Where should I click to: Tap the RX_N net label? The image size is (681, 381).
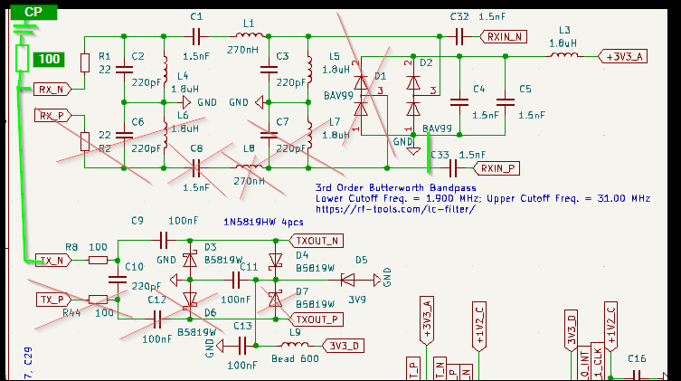[x=51, y=89]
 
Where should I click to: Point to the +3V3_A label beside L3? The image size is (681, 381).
[x=624, y=55]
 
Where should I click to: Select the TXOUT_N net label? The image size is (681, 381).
[x=315, y=241]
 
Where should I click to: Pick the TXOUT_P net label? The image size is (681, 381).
[x=315, y=319]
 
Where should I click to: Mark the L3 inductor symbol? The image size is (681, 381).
[x=565, y=55]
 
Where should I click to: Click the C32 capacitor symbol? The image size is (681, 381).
[x=459, y=36]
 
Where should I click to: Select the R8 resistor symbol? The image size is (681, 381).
[x=98, y=261]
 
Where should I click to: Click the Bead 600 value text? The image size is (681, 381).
[x=294, y=358]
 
